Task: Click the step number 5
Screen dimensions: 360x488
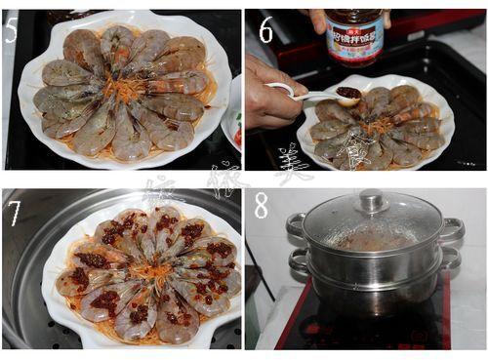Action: pyautogui.click(x=13, y=30)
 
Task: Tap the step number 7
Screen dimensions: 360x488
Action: pyautogui.click(x=15, y=212)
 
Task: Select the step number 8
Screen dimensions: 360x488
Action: pyautogui.click(x=262, y=206)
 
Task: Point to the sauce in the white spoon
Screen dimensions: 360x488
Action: pyautogui.click(x=348, y=93)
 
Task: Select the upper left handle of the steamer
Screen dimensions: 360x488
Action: pyautogui.click(x=296, y=228)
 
